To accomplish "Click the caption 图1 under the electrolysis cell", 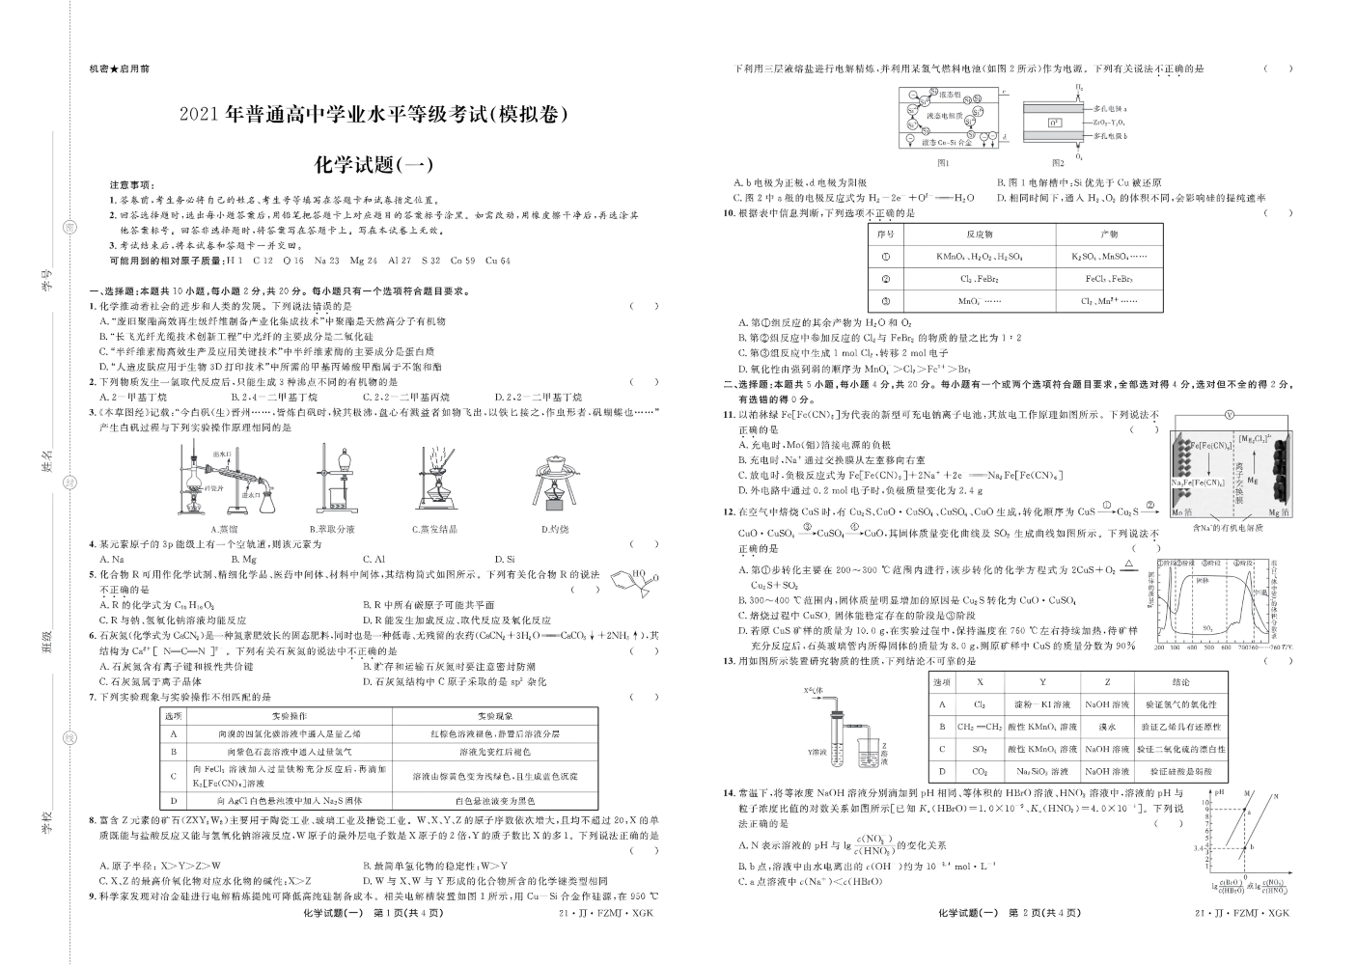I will (x=943, y=163).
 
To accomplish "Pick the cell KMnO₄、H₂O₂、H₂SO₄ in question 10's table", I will (x=978, y=257).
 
